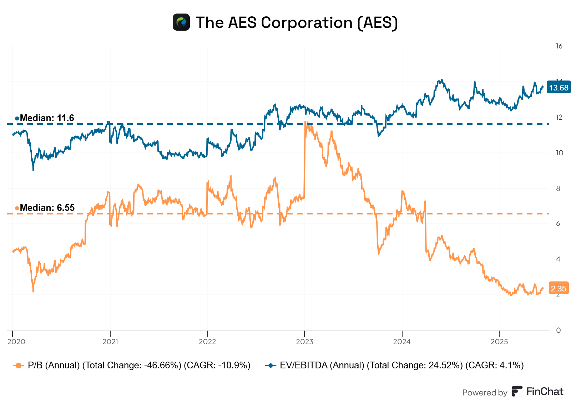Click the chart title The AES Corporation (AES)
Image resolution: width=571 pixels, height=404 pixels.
(x=296, y=22)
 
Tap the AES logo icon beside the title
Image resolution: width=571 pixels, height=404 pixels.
(x=181, y=22)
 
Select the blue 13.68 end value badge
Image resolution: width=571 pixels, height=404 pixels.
(x=559, y=88)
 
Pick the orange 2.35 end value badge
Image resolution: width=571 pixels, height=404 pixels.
(x=559, y=289)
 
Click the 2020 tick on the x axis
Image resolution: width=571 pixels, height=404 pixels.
(x=16, y=342)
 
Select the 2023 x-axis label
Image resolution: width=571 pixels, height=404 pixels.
(x=304, y=342)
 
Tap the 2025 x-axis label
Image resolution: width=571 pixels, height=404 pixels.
(x=499, y=342)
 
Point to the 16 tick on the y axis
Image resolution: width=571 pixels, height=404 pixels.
(x=559, y=46)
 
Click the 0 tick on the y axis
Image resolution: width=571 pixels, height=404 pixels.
(x=559, y=330)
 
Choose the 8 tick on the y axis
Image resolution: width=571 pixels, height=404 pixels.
(x=559, y=188)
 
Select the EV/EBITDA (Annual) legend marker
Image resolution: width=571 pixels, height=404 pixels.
(x=271, y=366)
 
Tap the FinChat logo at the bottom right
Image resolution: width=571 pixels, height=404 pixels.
(x=537, y=392)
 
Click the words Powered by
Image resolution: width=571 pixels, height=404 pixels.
(x=484, y=393)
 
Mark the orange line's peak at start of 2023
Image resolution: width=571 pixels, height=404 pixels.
(x=306, y=122)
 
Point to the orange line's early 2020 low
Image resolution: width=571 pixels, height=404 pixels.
(x=33, y=291)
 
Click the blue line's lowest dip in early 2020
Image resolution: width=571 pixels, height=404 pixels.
(x=33, y=170)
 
